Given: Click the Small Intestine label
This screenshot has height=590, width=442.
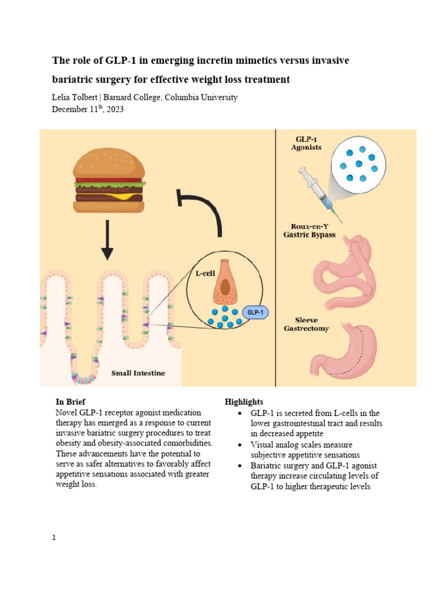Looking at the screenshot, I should pyautogui.click(x=138, y=373).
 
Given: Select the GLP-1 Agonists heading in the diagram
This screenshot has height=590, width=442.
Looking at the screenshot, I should pyautogui.click(x=308, y=143).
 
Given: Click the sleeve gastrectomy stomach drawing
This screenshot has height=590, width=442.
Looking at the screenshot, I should pyautogui.click(x=352, y=349).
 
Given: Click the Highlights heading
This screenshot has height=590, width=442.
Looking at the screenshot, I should pyautogui.click(x=244, y=401).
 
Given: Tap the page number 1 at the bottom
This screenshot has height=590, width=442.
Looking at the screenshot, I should pyautogui.click(x=54, y=538).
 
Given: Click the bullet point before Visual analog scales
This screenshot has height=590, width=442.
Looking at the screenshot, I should pyautogui.click(x=239, y=445).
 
